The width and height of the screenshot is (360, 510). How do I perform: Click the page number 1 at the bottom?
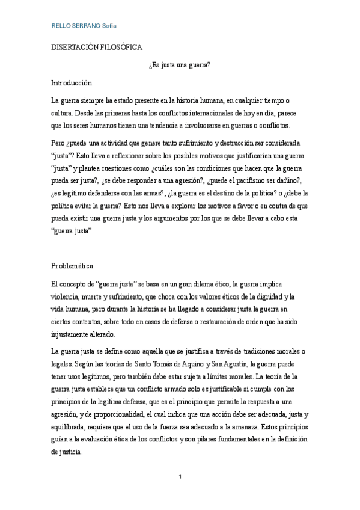tap(180, 477)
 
